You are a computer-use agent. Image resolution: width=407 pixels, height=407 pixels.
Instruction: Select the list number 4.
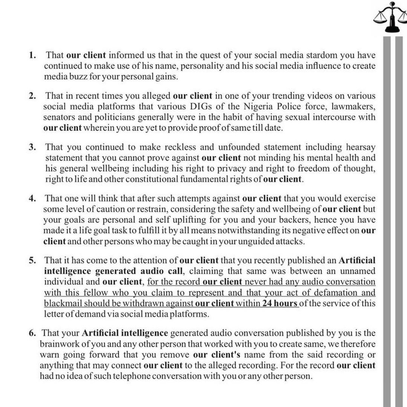coord(32,198)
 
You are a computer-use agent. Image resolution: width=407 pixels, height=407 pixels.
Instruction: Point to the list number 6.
coord(32,333)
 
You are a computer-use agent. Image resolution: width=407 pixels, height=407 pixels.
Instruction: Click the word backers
coord(294,220)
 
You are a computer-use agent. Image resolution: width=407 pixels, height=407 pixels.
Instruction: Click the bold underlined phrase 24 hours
coord(280,303)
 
